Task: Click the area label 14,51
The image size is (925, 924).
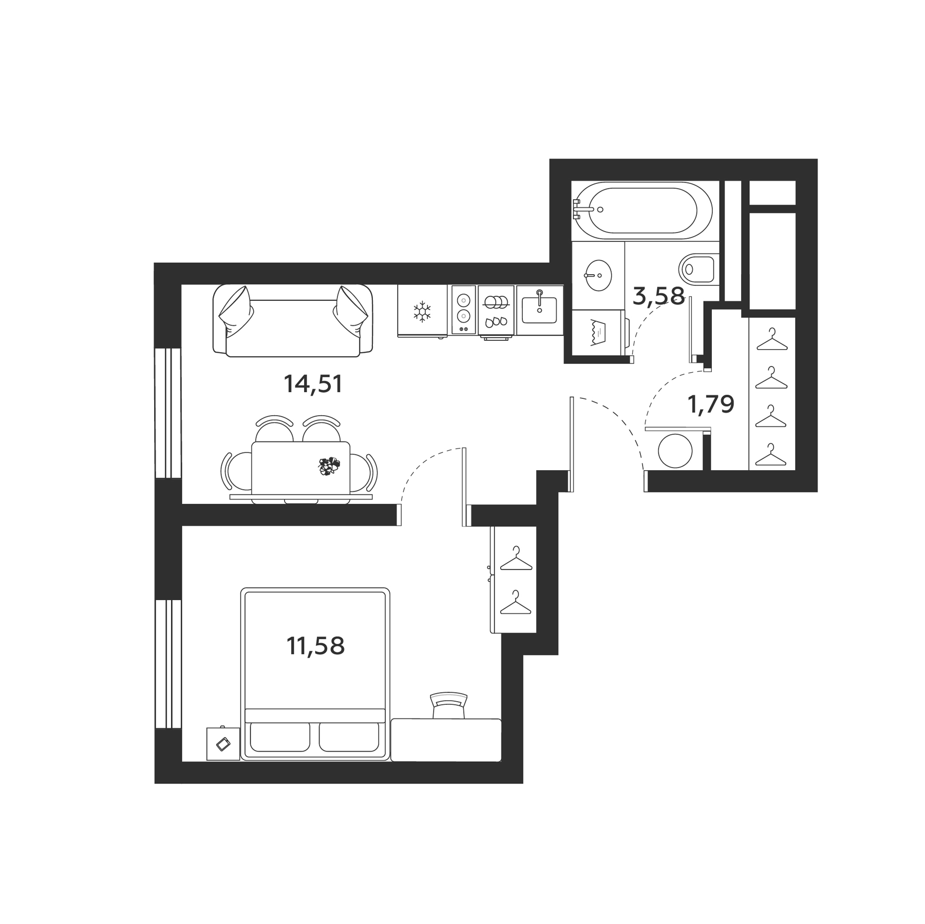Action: (313, 384)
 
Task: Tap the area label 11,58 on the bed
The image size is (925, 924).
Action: (315, 646)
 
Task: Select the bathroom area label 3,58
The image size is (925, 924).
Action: (658, 296)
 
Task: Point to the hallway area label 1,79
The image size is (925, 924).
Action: (711, 405)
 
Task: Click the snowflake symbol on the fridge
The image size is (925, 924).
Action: (422, 312)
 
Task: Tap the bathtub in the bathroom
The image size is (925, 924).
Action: (643, 210)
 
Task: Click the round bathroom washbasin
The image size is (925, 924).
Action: (598, 275)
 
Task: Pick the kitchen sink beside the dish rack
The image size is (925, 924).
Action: (539, 310)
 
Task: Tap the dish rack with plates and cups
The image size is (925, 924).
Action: (496, 311)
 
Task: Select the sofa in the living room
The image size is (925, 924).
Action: (293, 321)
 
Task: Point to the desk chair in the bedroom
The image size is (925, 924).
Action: (448, 705)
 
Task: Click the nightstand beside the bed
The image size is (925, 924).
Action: (223, 744)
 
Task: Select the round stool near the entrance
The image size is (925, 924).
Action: (675, 451)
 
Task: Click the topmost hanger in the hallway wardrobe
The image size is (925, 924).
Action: (771, 340)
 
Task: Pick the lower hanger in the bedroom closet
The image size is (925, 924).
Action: (515, 604)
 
